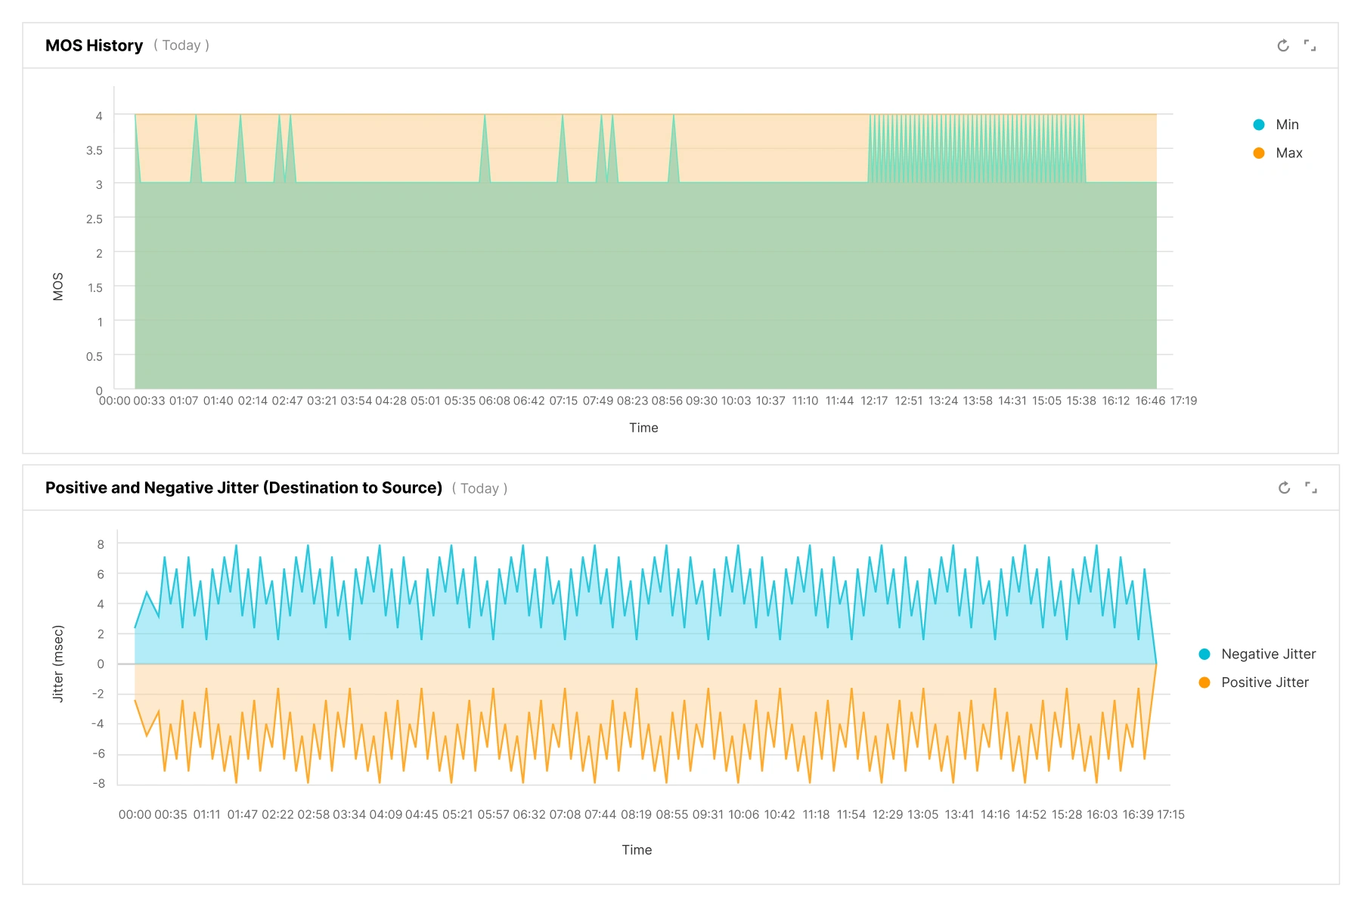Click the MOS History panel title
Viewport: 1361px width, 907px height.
tap(94, 45)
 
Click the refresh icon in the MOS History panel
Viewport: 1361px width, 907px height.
tap(1283, 45)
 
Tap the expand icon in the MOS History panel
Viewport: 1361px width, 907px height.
tap(1310, 45)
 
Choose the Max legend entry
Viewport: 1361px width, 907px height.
tap(1278, 153)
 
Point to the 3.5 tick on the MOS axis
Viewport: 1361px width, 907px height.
tap(94, 150)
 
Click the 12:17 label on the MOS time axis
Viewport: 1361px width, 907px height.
tap(874, 401)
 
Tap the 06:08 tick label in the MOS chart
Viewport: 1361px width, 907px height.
tap(494, 401)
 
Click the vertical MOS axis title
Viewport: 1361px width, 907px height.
tap(58, 286)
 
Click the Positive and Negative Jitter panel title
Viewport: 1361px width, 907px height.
tap(243, 488)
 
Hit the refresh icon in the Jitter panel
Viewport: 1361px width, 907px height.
tap(1284, 488)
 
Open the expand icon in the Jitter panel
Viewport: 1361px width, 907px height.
tap(1311, 488)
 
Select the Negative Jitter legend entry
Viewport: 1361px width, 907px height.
tap(1257, 654)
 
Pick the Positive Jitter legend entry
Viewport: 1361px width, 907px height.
tap(1254, 683)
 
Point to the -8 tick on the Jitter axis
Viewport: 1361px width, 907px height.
tap(98, 783)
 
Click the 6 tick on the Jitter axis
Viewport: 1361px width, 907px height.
tap(101, 574)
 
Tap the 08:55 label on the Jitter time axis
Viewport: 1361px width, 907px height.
tap(672, 815)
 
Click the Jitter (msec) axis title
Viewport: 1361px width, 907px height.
tap(58, 664)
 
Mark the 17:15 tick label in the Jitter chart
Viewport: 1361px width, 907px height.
tap(1170, 815)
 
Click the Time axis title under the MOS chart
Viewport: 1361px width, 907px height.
tap(643, 428)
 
